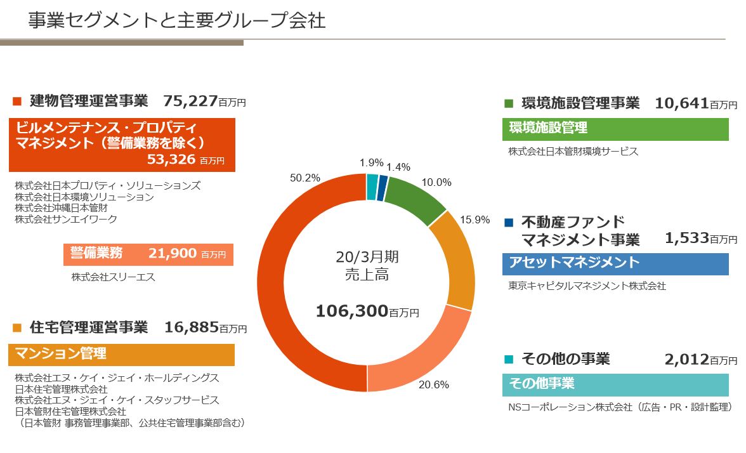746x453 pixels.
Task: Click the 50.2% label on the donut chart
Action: (305, 178)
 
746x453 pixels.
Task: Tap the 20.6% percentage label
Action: (434, 384)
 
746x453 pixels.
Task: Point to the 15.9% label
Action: (475, 220)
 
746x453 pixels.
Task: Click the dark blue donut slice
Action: (381, 188)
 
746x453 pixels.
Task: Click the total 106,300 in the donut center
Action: (351, 311)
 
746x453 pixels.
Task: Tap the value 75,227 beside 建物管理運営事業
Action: (190, 100)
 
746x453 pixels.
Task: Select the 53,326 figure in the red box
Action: (171, 159)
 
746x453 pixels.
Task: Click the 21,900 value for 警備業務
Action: (172, 254)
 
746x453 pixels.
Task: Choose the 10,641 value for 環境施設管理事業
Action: (681, 103)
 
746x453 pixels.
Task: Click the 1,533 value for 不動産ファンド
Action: (686, 238)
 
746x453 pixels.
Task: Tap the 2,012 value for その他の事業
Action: (686, 360)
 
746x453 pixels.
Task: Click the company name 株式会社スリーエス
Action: (114, 277)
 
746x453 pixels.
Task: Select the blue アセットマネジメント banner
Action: (615, 263)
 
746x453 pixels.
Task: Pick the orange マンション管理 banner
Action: (121, 354)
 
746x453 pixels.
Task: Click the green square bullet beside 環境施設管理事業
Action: (509, 103)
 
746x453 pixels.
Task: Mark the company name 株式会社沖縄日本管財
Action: (62, 208)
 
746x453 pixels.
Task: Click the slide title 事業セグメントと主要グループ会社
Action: (177, 21)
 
